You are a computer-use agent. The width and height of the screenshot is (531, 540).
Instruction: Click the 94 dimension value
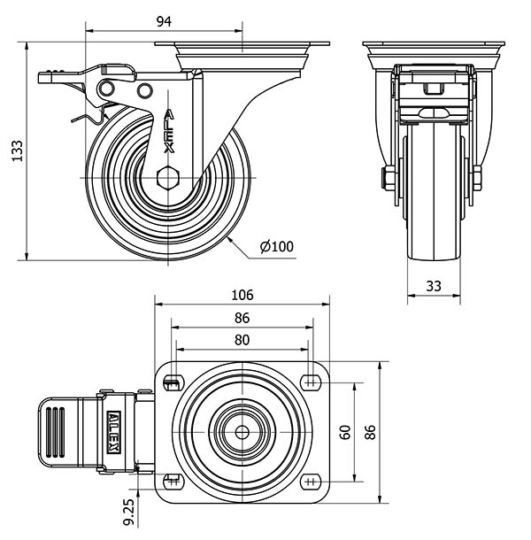point(164,21)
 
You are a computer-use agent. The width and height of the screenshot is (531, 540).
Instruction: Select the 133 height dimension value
point(17,150)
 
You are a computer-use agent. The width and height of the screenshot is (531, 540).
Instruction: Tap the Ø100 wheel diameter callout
point(277,247)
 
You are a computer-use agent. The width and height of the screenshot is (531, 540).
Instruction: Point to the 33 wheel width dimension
point(434,286)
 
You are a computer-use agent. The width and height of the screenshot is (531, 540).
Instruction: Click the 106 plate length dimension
point(242,295)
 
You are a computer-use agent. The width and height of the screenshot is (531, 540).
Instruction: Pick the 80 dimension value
point(242,340)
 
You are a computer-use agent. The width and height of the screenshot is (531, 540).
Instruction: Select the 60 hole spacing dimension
point(345,432)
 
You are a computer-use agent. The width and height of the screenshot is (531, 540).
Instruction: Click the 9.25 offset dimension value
point(129,512)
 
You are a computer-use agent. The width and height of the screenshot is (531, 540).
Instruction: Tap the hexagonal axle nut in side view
point(168,178)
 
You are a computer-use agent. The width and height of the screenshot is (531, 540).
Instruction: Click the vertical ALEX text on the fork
point(169,131)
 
